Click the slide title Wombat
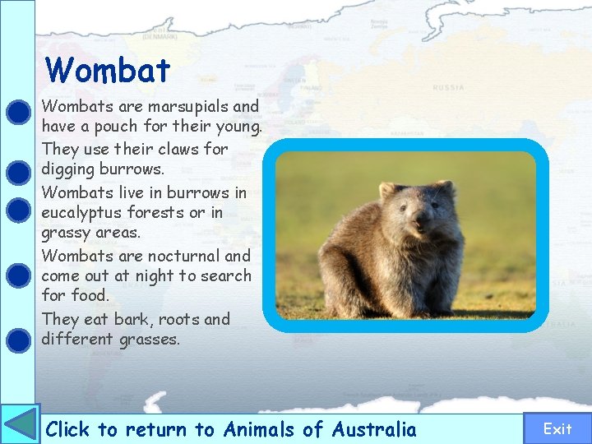tap(108, 71)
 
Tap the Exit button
tap(557, 428)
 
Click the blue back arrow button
tap(20, 424)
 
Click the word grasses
tap(148, 340)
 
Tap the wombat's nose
tap(421, 220)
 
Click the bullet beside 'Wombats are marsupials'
tap(17, 111)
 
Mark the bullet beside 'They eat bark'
tap(17, 338)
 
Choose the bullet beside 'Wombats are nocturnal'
tap(17, 274)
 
